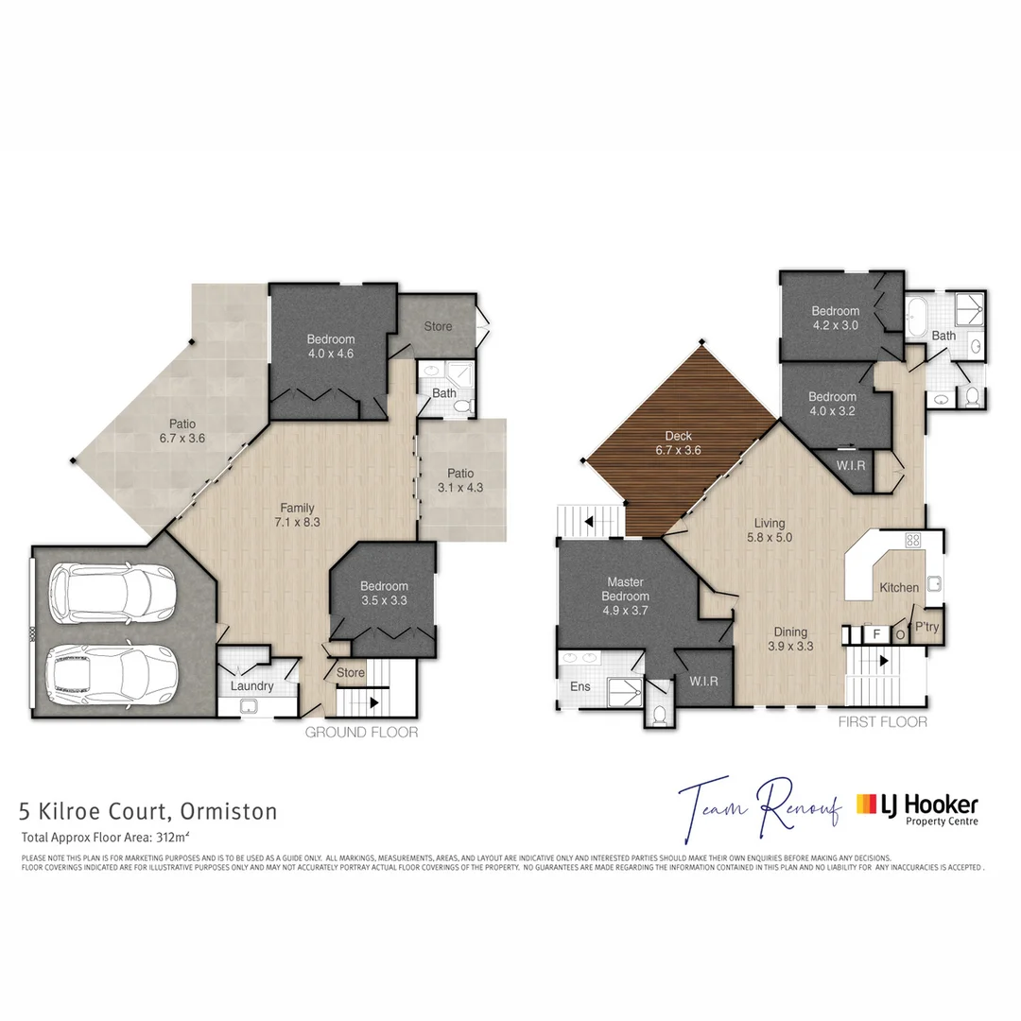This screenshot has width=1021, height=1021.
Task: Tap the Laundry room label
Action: tap(252, 686)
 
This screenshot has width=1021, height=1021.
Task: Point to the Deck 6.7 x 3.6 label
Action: tap(678, 443)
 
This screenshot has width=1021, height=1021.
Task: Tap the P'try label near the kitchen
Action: tap(920, 628)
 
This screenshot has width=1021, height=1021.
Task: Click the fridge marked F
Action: tap(876, 634)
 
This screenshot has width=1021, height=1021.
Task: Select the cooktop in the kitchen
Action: tap(913, 542)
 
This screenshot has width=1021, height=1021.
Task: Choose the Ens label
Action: tap(580, 686)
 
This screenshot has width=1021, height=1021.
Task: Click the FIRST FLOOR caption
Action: tap(883, 722)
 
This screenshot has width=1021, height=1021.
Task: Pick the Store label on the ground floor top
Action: tap(438, 326)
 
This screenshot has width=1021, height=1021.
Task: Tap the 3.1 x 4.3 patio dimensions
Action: tap(460, 488)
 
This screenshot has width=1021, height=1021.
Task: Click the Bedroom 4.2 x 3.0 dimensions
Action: tap(835, 325)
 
